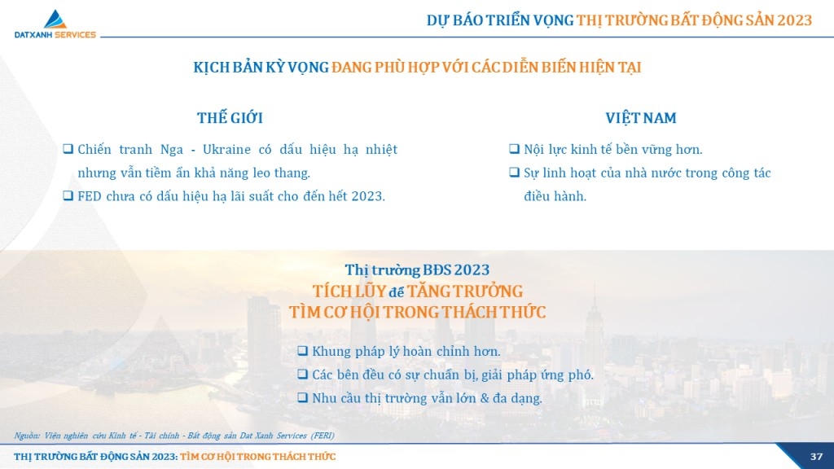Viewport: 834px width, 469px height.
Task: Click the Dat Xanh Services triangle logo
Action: tap(55, 20)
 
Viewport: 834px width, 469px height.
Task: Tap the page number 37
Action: tap(816, 457)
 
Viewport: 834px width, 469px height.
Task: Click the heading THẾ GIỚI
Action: tap(230, 117)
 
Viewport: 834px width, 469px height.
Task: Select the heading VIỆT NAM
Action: tap(640, 117)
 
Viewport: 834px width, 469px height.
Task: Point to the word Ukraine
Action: tap(226, 150)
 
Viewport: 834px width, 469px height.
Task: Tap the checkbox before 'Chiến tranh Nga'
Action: tap(68, 148)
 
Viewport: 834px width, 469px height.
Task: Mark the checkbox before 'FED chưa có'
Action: tap(68, 195)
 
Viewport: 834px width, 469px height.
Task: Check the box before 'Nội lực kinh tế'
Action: tap(514, 148)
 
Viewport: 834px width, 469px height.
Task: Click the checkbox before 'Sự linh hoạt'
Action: tap(514, 172)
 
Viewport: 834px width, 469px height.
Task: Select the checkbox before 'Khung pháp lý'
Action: tap(302, 350)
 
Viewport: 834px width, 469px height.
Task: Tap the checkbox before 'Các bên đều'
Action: tap(302, 374)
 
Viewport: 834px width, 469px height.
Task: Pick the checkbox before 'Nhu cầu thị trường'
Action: tap(302, 397)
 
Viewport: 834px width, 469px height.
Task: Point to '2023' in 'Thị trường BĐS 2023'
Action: tap(472, 270)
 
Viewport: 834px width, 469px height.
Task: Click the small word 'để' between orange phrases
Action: tap(397, 292)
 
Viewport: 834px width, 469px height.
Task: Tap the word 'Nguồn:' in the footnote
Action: tap(27, 436)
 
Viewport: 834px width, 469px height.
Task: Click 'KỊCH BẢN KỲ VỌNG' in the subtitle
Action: tap(261, 68)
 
